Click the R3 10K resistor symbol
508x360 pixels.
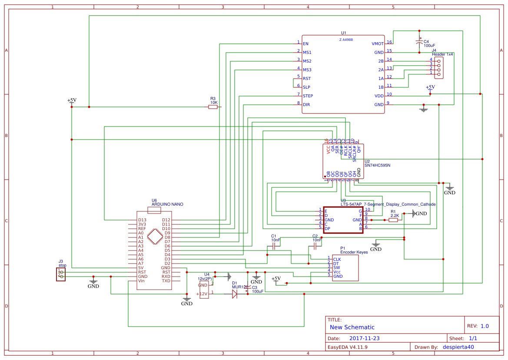pyautogui.click(x=212, y=107)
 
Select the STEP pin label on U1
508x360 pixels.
pyautogui.click(x=308, y=96)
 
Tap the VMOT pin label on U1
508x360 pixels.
pyautogui.click(x=377, y=43)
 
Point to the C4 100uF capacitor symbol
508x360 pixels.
pyautogui.click(x=419, y=43)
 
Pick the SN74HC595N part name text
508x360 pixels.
pyautogui.click(x=377, y=165)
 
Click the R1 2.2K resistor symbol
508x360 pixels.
pyautogui.click(x=393, y=220)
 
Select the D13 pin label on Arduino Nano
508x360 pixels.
pyautogui.click(x=142, y=220)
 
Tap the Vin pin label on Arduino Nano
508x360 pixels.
pyautogui.click(x=141, y=281)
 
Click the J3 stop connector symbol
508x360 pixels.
pyautogui.click(x=61, y=274)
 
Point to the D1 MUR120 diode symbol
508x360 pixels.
pyautogui.click(x=235, y=294)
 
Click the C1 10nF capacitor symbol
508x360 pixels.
pyautogui.click(x=274, y=246)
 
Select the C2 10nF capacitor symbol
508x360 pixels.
pyautogui.click(x=317, y=246)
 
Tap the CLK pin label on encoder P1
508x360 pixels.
pyautogui.click(x=337, y=259)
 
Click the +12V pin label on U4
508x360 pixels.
pyautogui.click(x=203, y=294)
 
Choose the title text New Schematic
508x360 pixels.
pyautogui.click(x=352, y=327)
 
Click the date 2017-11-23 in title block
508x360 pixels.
pyautogui.click(x=365, y=338)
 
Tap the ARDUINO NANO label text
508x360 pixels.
pyautogui.click(x=167, y=204)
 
